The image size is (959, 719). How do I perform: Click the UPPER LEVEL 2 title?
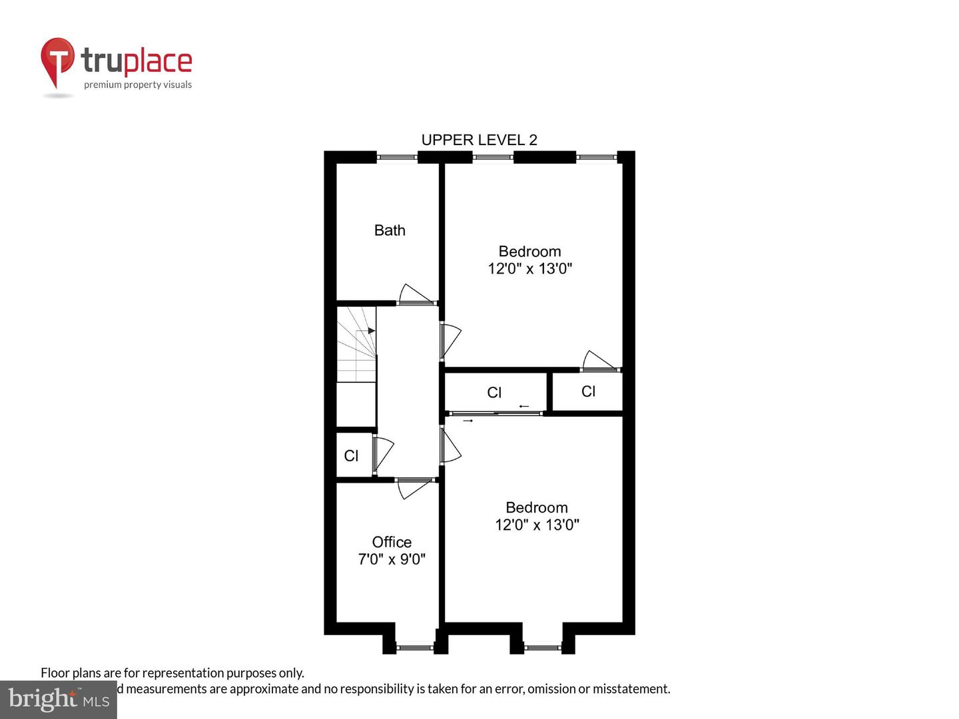479,140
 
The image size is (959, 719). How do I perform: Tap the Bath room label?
390,230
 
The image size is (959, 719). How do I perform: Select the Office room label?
392,542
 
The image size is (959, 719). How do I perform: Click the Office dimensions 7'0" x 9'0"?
392,559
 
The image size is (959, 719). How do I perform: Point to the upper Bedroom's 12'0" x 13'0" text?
530,268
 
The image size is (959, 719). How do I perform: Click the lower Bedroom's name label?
537,507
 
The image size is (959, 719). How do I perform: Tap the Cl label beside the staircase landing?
351,456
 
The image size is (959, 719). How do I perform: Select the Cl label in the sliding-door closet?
494,393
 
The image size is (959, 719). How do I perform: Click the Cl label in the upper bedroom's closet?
588,391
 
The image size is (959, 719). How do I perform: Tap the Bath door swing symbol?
414,295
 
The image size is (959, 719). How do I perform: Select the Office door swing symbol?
413,487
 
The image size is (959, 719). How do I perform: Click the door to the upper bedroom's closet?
599,361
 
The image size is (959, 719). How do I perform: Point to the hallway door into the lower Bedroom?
450,445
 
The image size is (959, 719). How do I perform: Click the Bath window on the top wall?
397,158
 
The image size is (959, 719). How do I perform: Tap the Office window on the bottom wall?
415,646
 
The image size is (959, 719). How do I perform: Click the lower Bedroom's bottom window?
543,646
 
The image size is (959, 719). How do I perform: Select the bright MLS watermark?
59,700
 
